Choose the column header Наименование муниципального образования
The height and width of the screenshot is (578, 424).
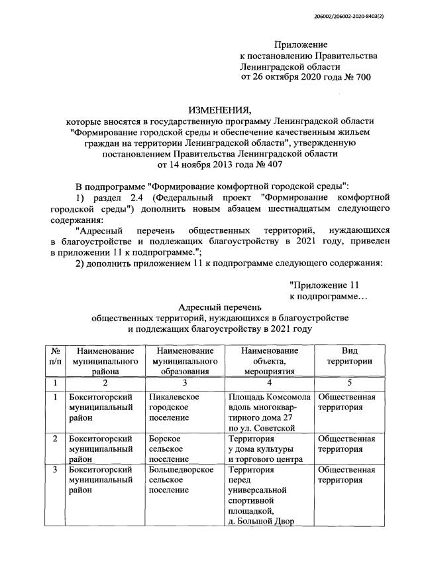[x=185, y=360]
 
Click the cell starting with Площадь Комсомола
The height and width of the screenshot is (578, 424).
[x=268, y=412]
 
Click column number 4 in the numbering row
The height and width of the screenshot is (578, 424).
[x=269, y=383]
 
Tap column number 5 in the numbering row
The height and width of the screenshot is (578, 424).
[x=349, y=383]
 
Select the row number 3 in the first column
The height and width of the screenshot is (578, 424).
[x=56, y=470]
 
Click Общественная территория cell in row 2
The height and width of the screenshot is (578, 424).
[x=347, y=443]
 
